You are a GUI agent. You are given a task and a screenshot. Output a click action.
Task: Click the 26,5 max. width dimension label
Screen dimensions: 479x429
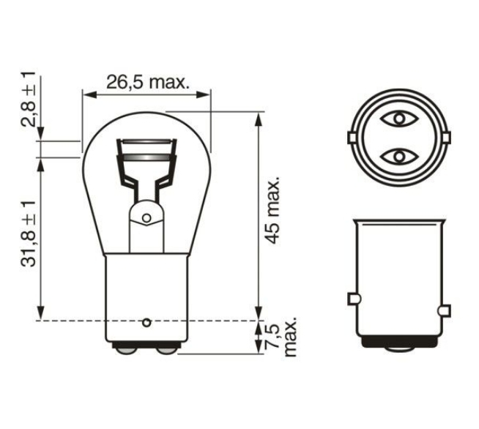click(x=147, y=82)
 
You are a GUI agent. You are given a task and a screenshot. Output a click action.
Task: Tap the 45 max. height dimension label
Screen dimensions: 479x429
click(x=272, y=209)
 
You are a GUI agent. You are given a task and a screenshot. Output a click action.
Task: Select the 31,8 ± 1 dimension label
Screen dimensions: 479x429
click(x=29, y=234)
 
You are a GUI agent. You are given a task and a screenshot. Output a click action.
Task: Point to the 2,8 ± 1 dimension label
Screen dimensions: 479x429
click(x=29, y=100)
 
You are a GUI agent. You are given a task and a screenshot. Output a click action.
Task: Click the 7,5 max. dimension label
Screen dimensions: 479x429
click(x=281, y=336)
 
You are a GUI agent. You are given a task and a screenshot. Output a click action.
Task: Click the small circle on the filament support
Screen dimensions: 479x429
click(x=147, y=218)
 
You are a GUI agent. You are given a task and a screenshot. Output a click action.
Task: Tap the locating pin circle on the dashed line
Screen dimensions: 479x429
click(x=147, y=322)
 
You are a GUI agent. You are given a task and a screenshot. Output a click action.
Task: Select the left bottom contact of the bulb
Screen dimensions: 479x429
click(x=126, y=351)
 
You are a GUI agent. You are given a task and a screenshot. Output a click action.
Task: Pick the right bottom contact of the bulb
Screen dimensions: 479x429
click(x=166, y=351)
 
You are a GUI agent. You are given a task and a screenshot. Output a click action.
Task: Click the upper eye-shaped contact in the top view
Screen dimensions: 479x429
click(x=399, y=119)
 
